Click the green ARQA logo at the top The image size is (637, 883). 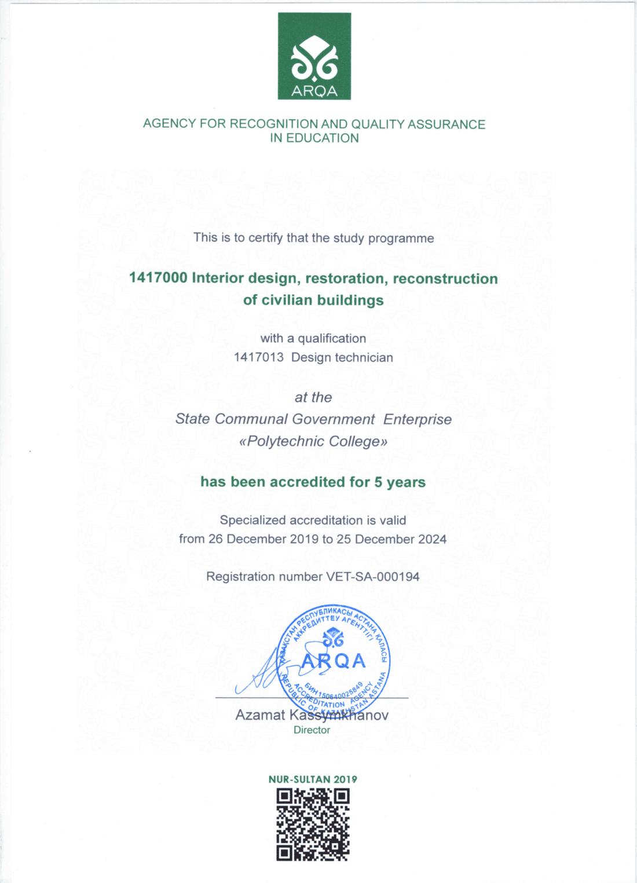click(314, 56)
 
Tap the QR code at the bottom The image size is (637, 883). click(313, 824)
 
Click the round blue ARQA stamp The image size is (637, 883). click(335, 660)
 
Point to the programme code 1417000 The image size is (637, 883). click(158, 278)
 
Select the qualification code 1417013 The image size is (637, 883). click(258, 357)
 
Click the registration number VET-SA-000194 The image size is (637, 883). click(373, 577)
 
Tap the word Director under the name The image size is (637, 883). click(312, 730)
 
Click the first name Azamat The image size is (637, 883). click(260, 715)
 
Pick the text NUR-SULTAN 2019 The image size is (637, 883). click(313, 779)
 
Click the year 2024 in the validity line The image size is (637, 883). click(432, 539)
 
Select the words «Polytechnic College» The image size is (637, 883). click(313, 441)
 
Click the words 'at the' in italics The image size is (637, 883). click(313, 397)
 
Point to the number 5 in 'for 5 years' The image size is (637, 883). click(378, 482)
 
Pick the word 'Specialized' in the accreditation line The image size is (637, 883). click(253, 521)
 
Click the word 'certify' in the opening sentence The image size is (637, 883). click(266, 238)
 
